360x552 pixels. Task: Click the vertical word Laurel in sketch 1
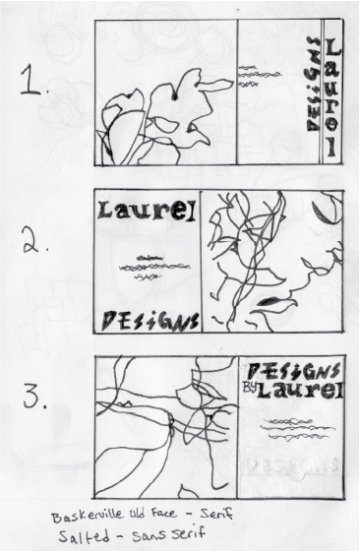(x=333, y=98)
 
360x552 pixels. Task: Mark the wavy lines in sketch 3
(x=292, y=426)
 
